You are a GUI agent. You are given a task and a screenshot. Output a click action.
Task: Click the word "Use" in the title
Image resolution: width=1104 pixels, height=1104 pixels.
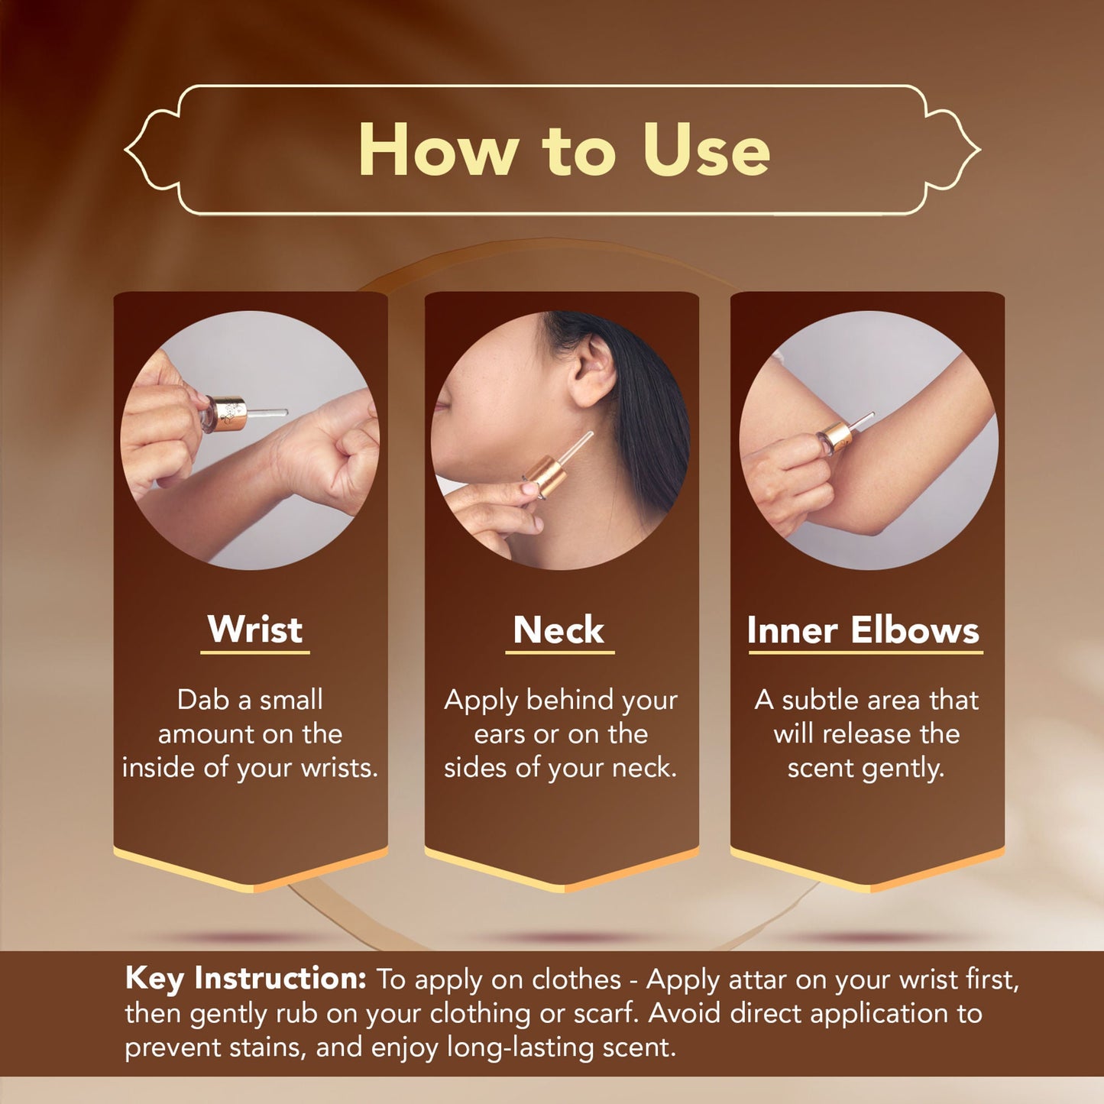coord(706,150)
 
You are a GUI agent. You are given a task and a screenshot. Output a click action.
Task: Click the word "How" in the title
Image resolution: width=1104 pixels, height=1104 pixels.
coord(436,150)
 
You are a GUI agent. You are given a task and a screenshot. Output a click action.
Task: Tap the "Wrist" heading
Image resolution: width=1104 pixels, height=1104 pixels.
coord(255,629)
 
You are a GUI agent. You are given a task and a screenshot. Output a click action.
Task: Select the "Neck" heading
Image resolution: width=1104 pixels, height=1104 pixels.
coord(558,630)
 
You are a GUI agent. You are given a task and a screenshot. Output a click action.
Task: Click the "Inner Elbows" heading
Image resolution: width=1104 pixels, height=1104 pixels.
coord(863,630)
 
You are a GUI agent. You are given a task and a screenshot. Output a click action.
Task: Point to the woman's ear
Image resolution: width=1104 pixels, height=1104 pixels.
coord(592,370)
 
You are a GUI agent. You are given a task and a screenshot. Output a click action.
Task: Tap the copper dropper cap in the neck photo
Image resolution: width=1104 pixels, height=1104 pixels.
coord(544,475)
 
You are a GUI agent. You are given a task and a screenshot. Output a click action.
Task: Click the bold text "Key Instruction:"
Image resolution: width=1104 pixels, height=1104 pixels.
coord(246,978)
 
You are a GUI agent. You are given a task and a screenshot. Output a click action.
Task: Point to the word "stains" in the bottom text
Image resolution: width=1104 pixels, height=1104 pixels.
coord(268,1048)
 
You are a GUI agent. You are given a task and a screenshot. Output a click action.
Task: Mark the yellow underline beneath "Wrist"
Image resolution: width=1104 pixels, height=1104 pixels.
coord(255,652)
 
